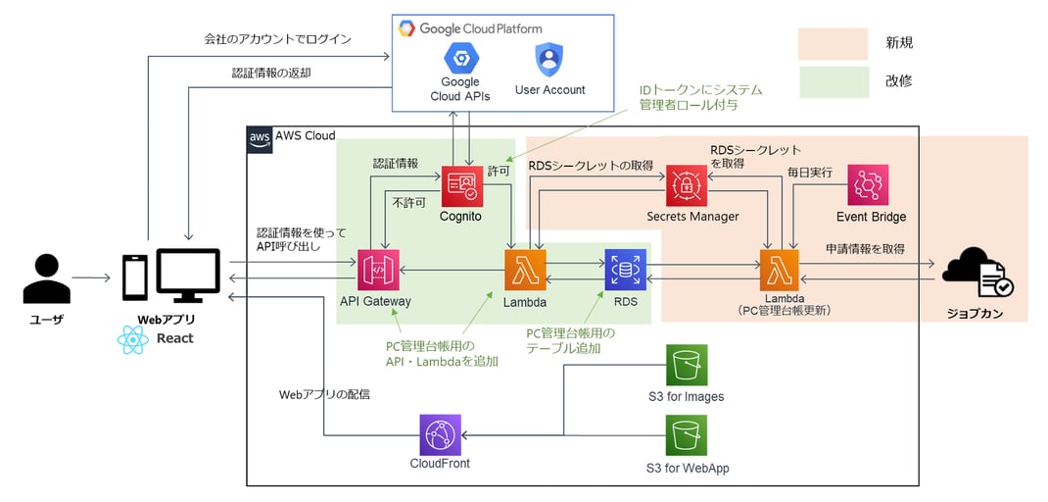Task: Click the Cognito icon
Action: tap(461, 185)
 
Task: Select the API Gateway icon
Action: tap(378, 270)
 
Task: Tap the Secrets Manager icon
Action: tap(686, 185)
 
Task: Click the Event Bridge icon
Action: tap(868, 185)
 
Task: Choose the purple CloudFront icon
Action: tap(440, 434)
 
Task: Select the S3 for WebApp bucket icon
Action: tap(686, 435)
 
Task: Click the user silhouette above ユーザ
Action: tap(46, 278)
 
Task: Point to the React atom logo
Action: tap(132, 339)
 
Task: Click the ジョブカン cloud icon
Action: tap(977, 273)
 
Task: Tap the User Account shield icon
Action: tap(549, 60)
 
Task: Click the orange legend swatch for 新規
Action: tap(833, 44)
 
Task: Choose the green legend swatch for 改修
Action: tap(833, 81)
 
